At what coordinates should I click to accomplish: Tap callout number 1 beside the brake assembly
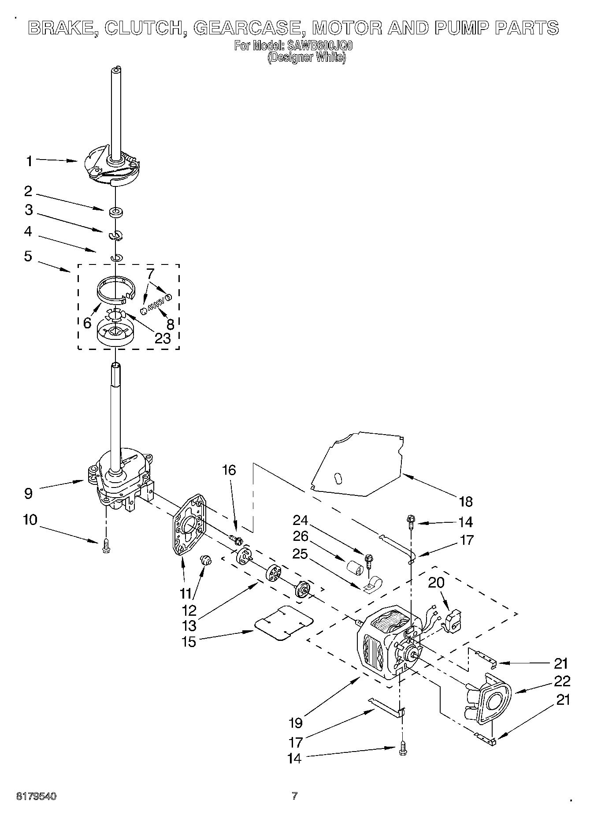point(29,161)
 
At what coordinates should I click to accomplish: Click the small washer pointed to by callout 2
point(116,212)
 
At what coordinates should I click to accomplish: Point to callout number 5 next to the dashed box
point(28,256)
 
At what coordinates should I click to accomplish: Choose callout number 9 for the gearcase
point(28,493)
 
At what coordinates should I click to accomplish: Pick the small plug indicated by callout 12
point(206,561)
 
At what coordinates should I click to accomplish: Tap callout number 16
point(229,470)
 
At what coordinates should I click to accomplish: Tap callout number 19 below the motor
point(296,722)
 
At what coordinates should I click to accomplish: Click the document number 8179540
point(37,796)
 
